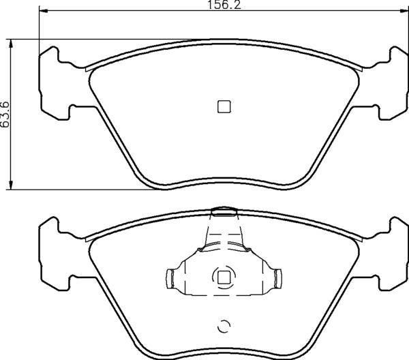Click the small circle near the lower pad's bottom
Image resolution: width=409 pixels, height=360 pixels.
coord(222,327)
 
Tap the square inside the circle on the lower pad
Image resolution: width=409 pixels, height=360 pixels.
coord(223,277)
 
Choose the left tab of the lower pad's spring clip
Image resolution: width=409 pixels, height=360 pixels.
coord(171,277)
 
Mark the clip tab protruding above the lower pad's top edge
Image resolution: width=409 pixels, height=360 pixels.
coord(223,211)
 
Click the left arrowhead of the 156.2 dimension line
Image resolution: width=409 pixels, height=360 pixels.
coord(43,12)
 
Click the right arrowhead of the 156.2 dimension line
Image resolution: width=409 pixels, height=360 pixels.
coord(404,12)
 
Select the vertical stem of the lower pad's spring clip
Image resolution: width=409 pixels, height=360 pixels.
coord(223,235)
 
